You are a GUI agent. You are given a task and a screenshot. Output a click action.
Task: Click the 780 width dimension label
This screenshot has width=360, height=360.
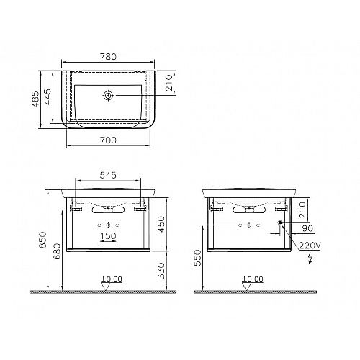[108, 57]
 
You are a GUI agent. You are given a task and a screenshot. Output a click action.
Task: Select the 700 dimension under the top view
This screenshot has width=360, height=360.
[108, 140]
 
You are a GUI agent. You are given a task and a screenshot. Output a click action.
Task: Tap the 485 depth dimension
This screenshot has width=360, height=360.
[36, 99]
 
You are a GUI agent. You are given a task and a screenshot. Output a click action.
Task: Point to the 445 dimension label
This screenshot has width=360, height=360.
[48, 96]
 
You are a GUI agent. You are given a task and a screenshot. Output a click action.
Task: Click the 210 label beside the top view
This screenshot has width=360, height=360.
[169, 83]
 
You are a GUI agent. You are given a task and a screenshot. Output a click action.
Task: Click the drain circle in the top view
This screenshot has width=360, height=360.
[108, 96]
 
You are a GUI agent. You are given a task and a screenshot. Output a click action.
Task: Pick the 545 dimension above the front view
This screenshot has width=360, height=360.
[108, 175]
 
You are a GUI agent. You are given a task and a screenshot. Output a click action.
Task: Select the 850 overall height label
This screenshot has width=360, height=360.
[43, 240]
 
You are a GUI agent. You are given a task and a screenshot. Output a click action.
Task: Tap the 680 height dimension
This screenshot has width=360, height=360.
[57, 251]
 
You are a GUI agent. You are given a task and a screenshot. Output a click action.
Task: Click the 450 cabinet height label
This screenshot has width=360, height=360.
[161, 224]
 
